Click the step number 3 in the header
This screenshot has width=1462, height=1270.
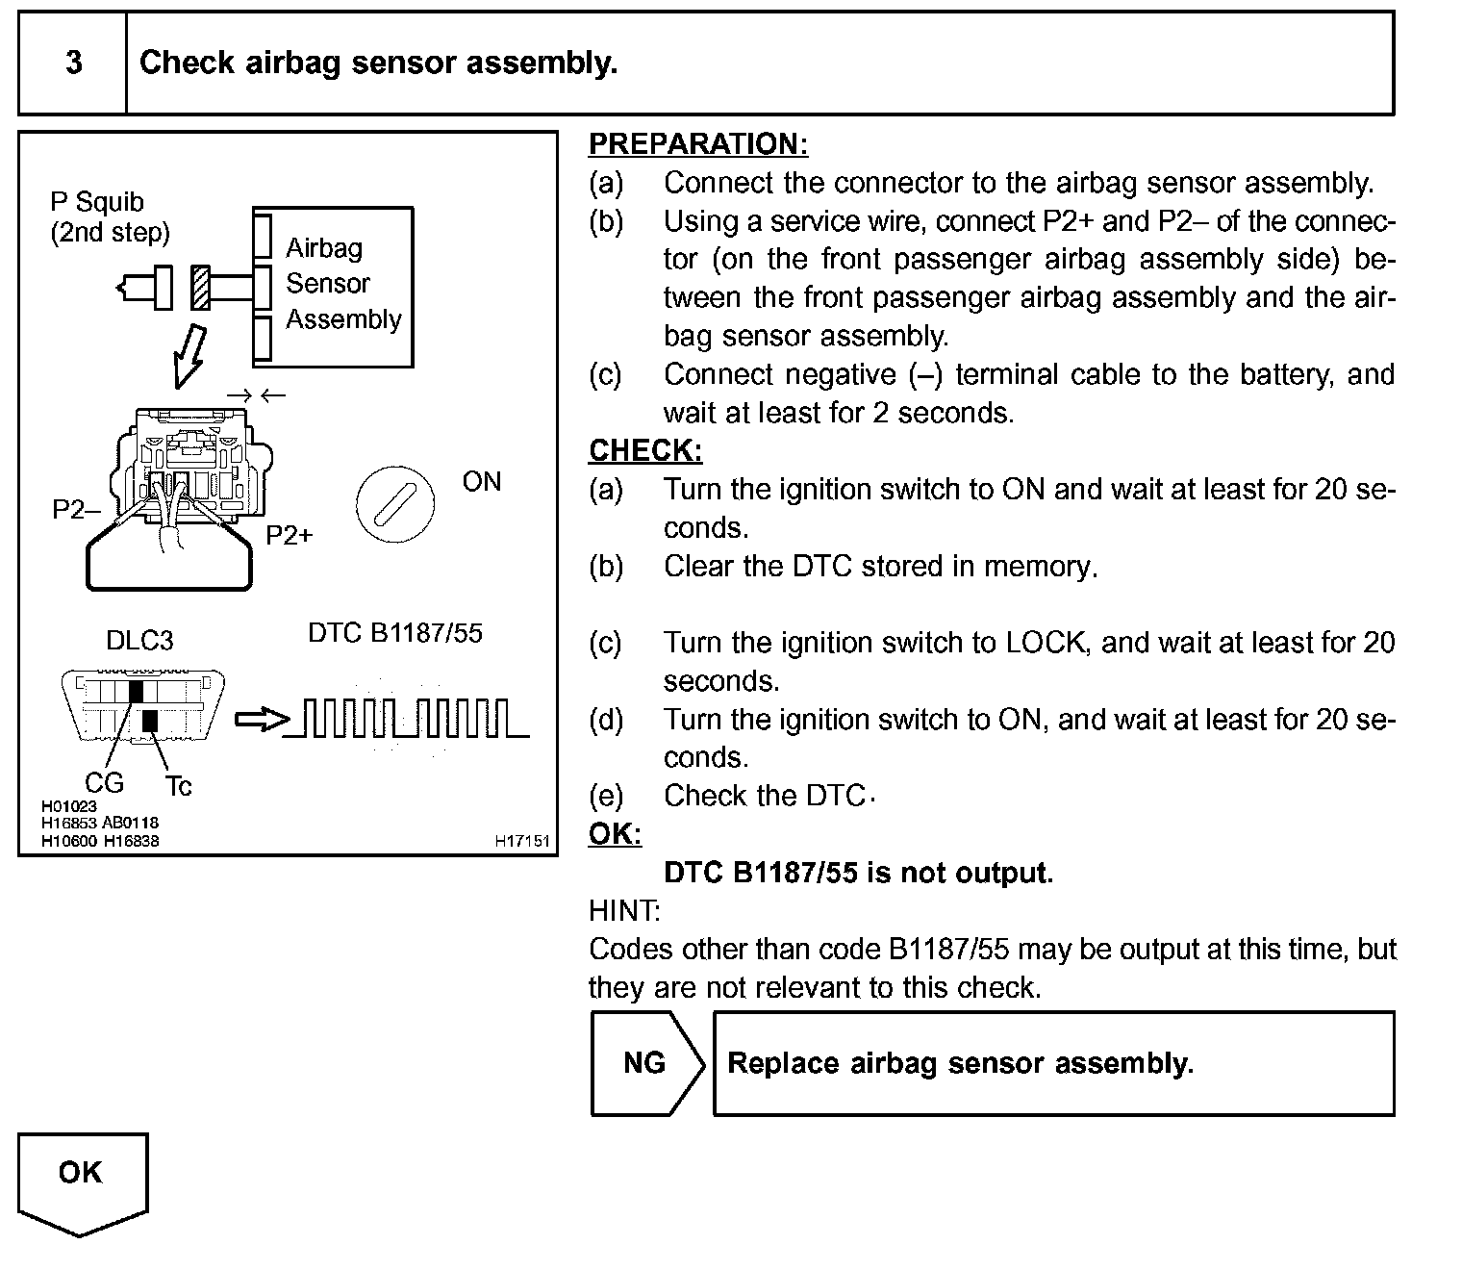(x=74, y=63)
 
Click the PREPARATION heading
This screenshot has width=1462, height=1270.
(x=697, y=144)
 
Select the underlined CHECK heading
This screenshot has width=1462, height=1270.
(x=645, y=450)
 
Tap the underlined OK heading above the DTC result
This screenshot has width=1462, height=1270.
(x=615, y=834)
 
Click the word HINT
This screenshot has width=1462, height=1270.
(x=624, y=910)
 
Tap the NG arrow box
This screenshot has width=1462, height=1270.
(x=645, y=1063)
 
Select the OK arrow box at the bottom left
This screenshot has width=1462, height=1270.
(x=82, y=1180)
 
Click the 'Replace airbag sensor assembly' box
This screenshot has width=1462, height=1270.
(x=1053, y=1063)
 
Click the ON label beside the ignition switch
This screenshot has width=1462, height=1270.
(x=481, y=481)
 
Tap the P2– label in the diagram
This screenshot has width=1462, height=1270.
(x=75, y=509)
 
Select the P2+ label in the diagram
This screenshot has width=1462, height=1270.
(x=290, y=535)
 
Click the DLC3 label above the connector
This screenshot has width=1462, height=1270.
(x=139, y=641)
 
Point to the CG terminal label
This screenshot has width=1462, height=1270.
(x=104, y=782)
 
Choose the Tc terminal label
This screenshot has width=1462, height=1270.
(x=179, y=787)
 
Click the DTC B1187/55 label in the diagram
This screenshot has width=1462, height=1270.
(x=394, y=633)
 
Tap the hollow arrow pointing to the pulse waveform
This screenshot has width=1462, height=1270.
(x=261, y=720)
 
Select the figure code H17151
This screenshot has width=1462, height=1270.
(x=522, y=841)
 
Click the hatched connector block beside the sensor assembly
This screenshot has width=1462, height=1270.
(x=200, y=288)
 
